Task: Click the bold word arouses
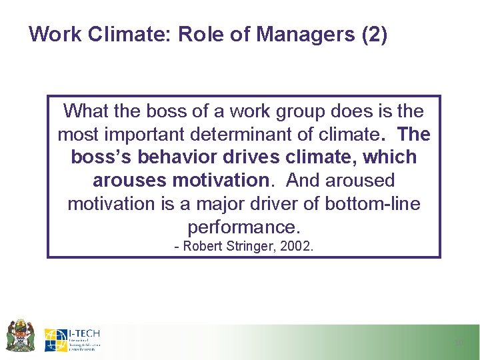click(x=131, y=180)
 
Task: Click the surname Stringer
click(x=249, y=247)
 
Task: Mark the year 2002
click(x=297, y=247)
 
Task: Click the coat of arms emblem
click(x=19, y=336)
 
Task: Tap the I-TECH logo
click(x=73, y=339)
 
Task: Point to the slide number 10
click(x=458, y=343)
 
